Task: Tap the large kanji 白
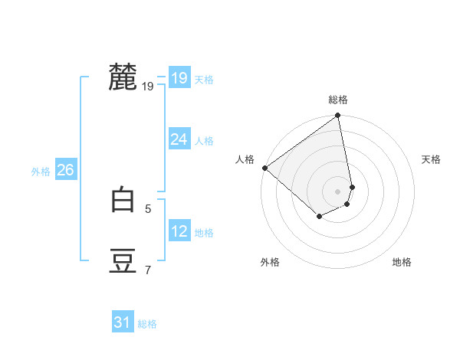[x=123, y=200]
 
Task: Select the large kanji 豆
[x=123, y=261]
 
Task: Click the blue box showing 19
[x=179, y=78]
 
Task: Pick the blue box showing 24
[x=179, y=139]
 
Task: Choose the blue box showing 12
[x=179, y=231]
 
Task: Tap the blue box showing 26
[x=65, y=170]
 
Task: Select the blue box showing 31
[x=123, y=322]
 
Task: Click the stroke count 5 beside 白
[x=148, y=208]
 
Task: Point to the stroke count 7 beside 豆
[x=148, y=269]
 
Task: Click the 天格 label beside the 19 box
[x=204, y=79]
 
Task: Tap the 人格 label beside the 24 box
[x=204, y=140]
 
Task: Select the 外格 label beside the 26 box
[x=41, y=172]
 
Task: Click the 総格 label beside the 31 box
[x=147, y=324]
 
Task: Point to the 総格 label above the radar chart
[x=338, y=100]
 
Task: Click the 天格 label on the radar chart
[x=431, y=159]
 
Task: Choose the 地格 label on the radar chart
[x=402, y=262]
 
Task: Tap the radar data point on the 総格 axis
[x=338, y=116]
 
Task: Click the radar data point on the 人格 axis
[x=264, y=168]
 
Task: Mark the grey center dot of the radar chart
[x=338, y=191]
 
